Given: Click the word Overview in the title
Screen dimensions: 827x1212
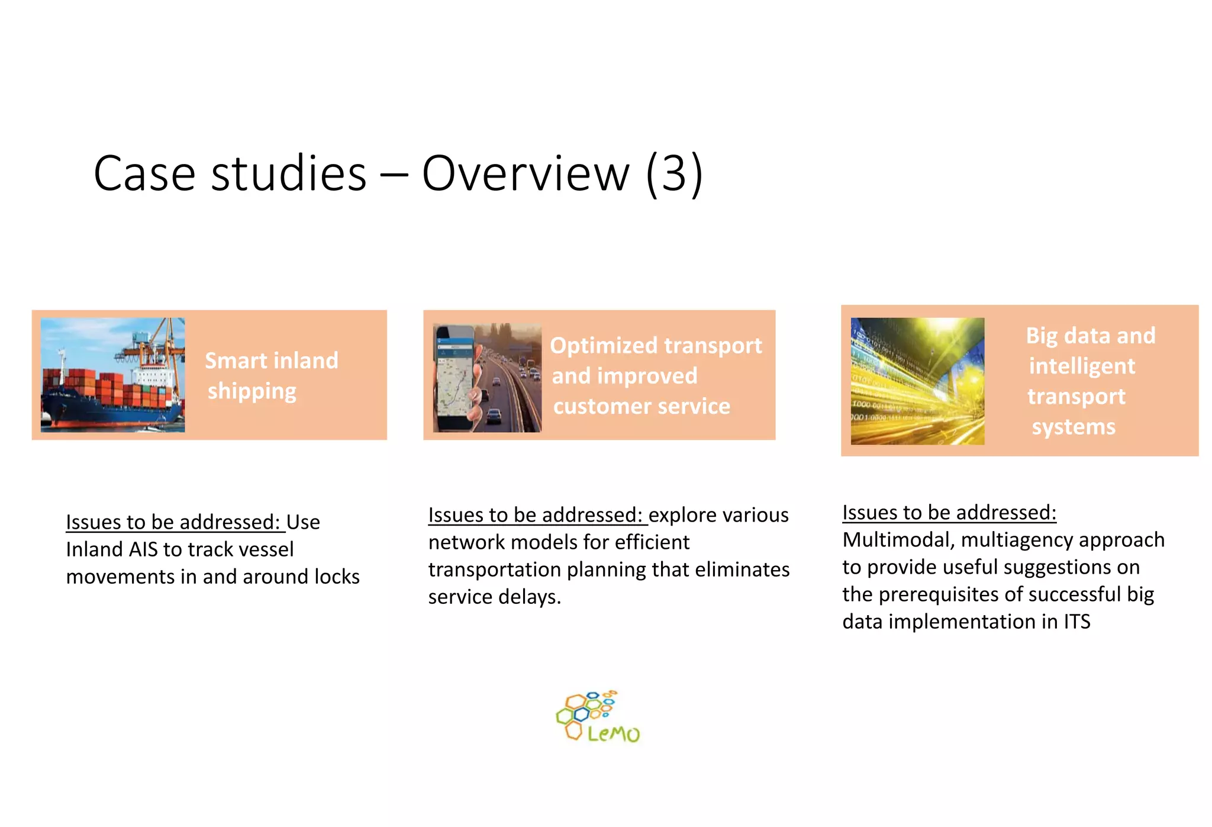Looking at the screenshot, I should [x=526, y=173].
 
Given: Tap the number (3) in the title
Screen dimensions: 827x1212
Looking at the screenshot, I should [x=674, y=173].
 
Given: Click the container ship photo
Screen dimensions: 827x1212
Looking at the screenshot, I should [x=112, y=375].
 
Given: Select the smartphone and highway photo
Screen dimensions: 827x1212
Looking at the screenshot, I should [x=486, y=378].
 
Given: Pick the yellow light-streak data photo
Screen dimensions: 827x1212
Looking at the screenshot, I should [x=917, y=381].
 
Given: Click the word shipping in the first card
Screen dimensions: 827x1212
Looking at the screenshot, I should [x=252, y=391].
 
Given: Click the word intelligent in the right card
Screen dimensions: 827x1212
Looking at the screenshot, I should [x=1082, y=366].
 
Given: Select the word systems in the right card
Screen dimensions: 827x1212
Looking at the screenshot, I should [x=1074, y=427].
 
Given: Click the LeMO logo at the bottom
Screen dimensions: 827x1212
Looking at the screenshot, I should [x=598, y=717].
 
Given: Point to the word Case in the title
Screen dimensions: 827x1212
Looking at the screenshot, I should [x=144, y=173].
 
